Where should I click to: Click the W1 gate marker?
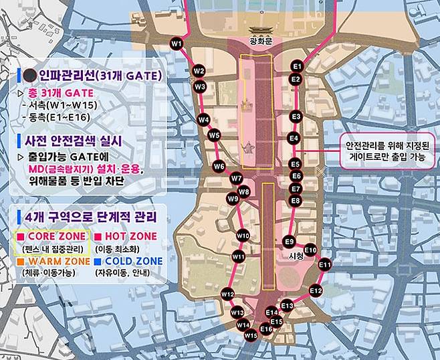coord(177,44)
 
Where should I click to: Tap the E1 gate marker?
coord(298,67)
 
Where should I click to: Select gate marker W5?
coord(214,135)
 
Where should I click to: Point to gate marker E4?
coord(293,139)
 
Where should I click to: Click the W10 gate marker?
coord(243,236)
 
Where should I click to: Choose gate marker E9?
coord(290,241)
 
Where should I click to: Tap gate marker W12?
coord(227,294)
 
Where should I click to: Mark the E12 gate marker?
coord(316,291)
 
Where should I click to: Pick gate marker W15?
coord(250,335)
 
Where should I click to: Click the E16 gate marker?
coord(266,329)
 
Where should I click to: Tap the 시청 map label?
coord(295,256)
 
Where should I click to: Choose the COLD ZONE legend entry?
coord(137,260)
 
